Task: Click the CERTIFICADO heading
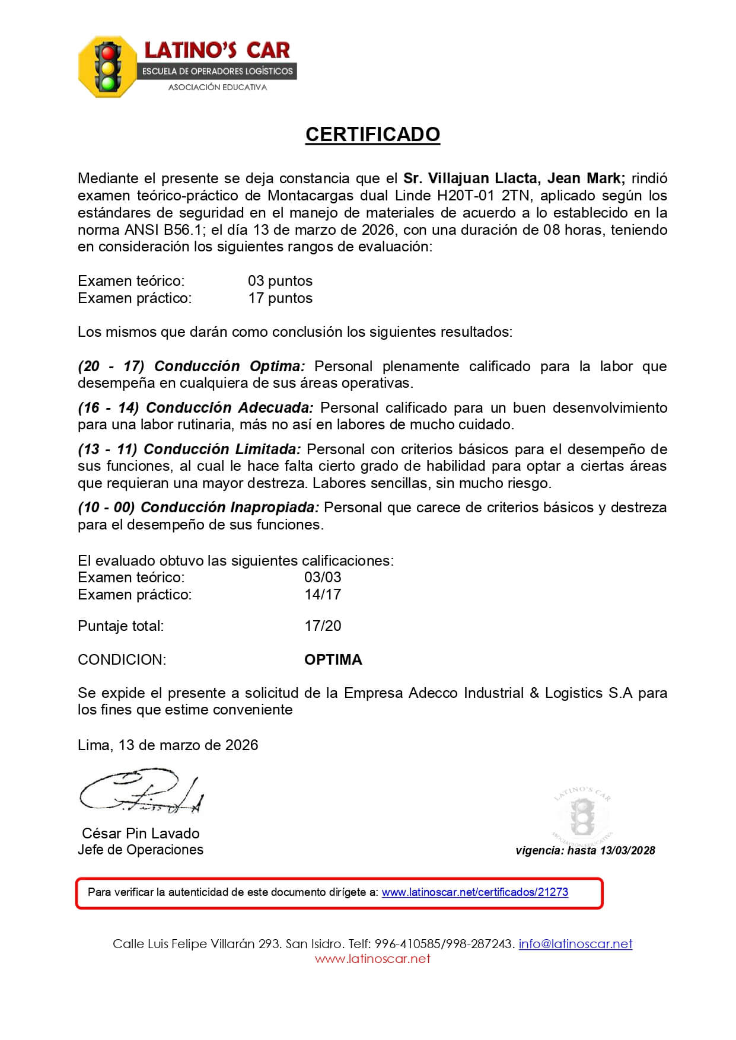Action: point(372,135)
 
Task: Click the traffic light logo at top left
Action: point(107,66)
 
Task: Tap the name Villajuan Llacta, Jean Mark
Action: point(514,178)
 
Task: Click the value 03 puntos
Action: point(280,281)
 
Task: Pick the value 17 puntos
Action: point(280,298)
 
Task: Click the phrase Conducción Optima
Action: point(230,366)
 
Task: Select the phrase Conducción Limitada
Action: point(222,449)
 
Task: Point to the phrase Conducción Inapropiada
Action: point(230,508)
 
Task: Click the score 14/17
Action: point(323,595)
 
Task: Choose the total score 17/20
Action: point(323,626)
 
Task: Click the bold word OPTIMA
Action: point(333,660)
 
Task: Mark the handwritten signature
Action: point(142,793)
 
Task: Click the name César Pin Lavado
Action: point(141,833)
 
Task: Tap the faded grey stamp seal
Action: point(582,815)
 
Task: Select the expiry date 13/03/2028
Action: point(627,850)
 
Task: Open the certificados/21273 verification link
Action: point(474,892)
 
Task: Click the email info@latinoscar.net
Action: point(575,944)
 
